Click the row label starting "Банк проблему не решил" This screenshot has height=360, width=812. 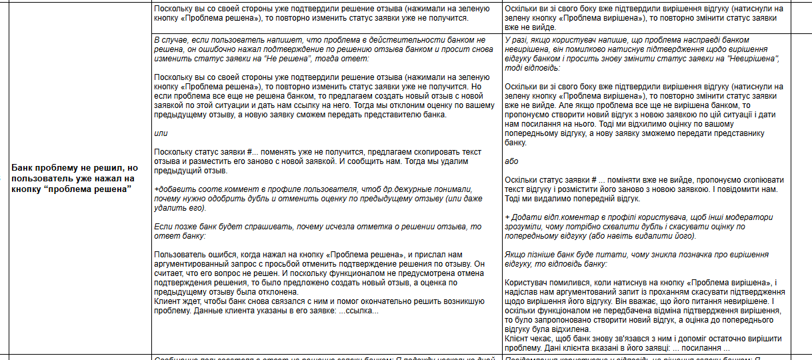(74, 178)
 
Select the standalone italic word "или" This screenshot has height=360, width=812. (160, 133)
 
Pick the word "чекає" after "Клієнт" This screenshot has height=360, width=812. (542, 339)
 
